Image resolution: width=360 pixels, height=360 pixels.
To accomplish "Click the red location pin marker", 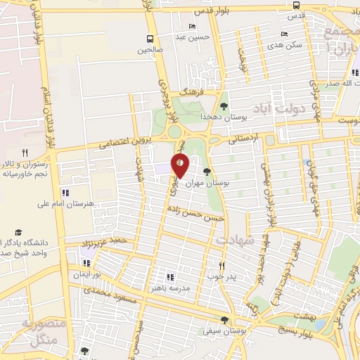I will click(180, 165).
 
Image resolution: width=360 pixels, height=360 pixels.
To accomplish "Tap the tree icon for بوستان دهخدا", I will click(224, 107).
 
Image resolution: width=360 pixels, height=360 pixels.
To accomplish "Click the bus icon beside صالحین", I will click(149, 39).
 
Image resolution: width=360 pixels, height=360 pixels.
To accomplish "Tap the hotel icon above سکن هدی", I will click(284, 33).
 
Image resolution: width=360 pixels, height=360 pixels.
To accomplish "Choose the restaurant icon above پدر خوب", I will click(221, 266).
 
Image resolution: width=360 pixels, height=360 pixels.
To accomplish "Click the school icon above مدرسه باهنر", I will click(169, 277).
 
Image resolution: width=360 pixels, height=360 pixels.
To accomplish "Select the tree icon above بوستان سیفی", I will click(224, 319).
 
